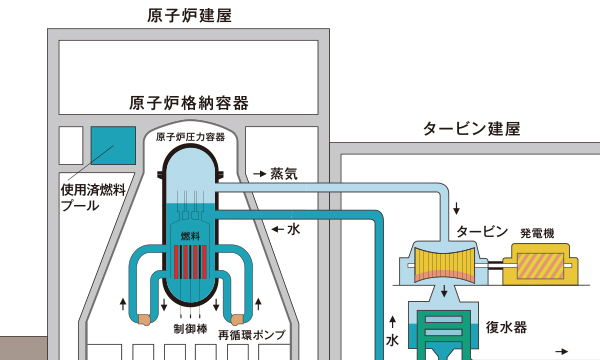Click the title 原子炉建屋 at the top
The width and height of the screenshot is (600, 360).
190,16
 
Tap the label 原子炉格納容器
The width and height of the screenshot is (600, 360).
189,103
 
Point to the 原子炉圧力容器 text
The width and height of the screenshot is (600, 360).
190,137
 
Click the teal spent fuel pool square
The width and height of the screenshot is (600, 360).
113,146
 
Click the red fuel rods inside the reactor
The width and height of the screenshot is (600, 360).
190,262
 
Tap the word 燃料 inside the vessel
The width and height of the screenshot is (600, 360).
190,236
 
